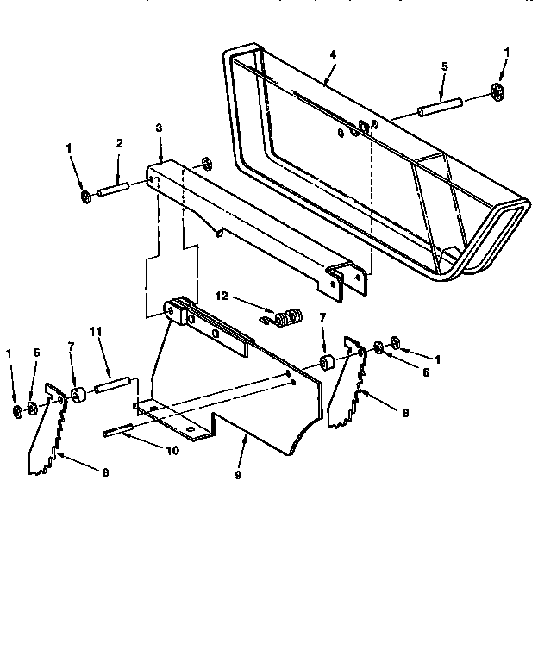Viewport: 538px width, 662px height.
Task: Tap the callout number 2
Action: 119,143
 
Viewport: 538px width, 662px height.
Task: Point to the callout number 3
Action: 159,128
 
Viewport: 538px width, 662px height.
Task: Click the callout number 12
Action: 222,296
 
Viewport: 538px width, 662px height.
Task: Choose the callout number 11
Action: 97,331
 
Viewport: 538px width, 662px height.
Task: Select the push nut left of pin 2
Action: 86,198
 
